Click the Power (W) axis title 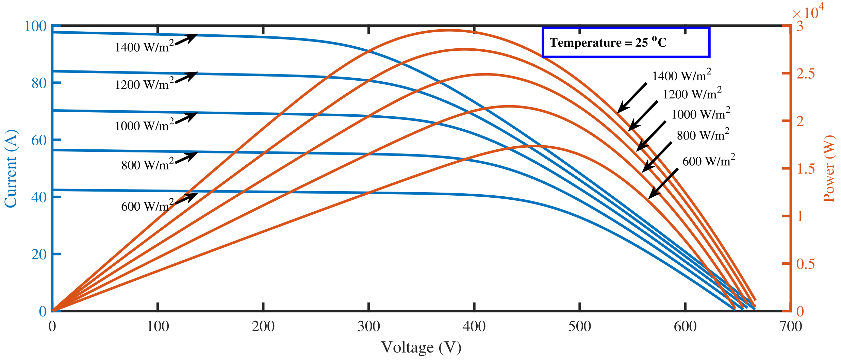[829, 168]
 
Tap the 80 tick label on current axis [39, 83]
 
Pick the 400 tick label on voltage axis [474, 327]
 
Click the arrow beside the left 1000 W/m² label [186, 118]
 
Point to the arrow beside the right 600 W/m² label [663, 184]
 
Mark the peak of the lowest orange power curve [531, 146]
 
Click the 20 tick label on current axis [39, 254]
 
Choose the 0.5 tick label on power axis [805, 264]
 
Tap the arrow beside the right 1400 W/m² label [632, 98]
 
